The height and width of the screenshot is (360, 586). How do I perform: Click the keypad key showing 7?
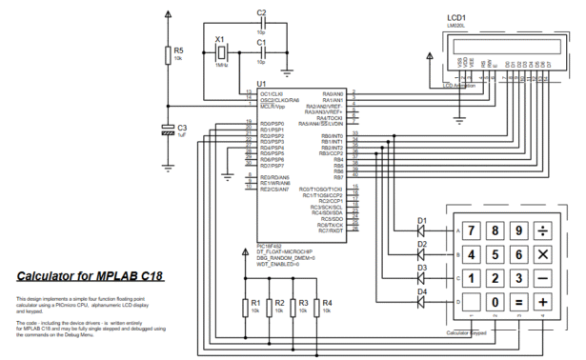(471, 231)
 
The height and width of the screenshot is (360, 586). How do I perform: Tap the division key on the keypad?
(543, 231)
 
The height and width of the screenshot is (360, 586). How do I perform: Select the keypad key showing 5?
(495, 255)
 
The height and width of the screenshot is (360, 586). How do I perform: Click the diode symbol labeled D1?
(420, 231)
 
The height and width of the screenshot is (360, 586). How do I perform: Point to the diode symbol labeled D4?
(420, 302)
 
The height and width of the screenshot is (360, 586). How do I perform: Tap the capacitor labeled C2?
(262, 23)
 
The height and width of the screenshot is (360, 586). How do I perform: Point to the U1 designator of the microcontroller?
(262, 86)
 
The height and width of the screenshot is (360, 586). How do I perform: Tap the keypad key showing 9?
(519, 231)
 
